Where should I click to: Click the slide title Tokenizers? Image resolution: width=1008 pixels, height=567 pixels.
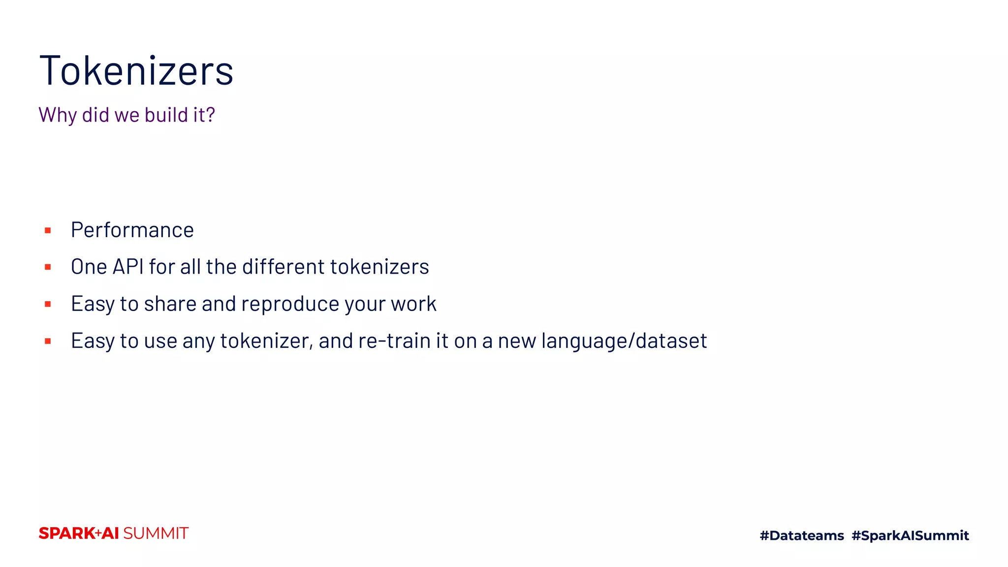136,71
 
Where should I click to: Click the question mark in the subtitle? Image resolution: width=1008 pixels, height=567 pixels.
211,115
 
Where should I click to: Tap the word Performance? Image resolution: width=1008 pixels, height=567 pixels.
132,230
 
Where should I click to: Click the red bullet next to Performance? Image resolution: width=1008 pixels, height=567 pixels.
48,230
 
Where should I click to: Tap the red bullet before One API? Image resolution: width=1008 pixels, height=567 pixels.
48,267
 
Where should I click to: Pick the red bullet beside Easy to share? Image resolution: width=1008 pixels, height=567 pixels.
48,304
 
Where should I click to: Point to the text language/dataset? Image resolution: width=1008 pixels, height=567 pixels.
624,341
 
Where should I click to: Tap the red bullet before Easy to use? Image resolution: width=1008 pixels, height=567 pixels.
48,341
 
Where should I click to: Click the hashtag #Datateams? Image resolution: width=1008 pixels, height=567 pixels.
801,535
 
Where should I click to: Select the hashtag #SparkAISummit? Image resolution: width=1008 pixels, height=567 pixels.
910,535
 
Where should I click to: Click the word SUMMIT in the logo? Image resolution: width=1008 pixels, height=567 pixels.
156,534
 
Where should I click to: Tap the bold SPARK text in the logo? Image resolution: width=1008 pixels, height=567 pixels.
66,534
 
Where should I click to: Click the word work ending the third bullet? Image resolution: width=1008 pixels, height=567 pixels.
413,304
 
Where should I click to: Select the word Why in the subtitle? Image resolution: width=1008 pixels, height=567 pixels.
58,115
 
